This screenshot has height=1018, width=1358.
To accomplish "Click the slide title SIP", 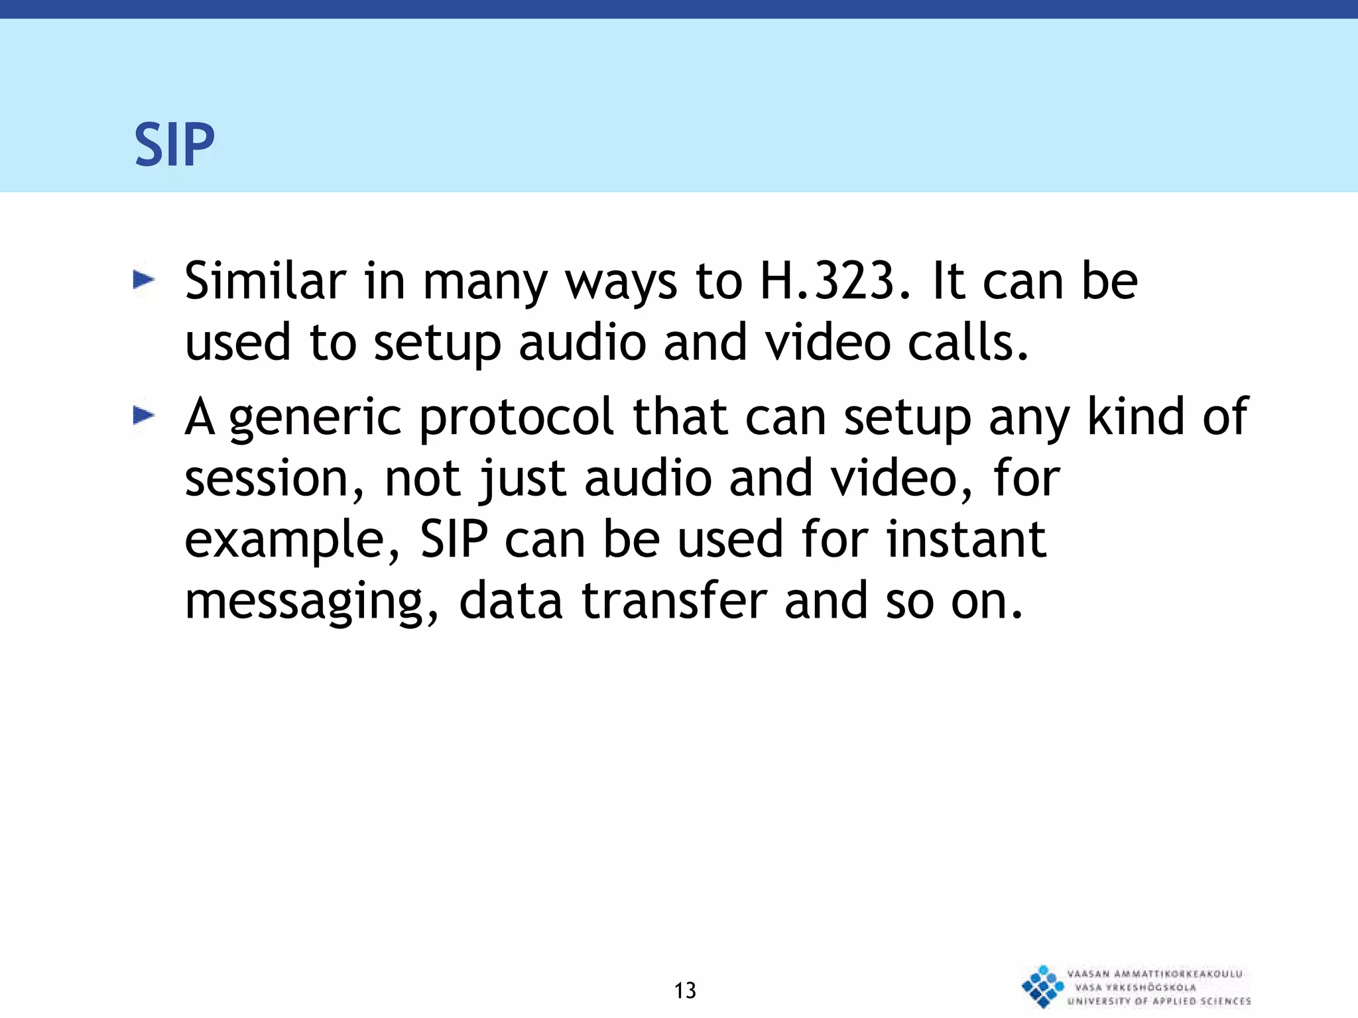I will click(x=174, y=144).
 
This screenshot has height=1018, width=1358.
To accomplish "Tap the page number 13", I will click(x=685, y=990).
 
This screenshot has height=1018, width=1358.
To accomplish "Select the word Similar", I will click(x=265, y=281).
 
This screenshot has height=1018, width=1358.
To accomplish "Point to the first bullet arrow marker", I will click(x=143, y=280).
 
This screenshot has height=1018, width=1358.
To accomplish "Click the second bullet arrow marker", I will click(x=143, y=416).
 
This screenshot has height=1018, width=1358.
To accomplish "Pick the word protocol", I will click(x=517, y=418).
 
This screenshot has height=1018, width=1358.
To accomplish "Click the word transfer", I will click(x=674, y=600).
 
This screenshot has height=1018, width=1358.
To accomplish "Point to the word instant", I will click(x=966, y=539).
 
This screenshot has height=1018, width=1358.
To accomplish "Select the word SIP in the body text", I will click(x=454, y=539).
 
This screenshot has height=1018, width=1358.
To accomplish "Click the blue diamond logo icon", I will click(x=1042, y=986).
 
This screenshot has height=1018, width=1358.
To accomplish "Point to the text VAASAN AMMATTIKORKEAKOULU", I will click(x=1154, y=974).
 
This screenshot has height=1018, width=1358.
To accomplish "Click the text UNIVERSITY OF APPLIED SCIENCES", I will click(x=1159, y=1001).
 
